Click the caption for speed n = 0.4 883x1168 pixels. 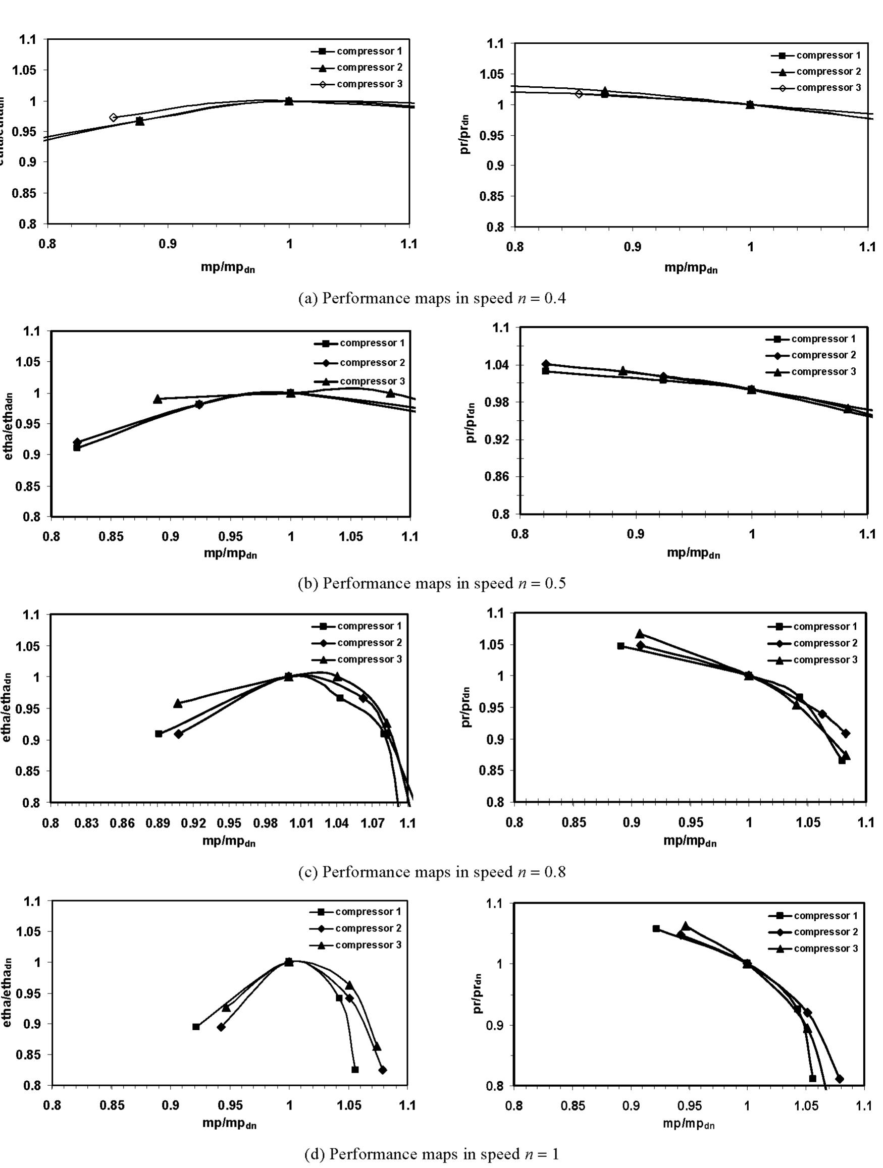pyautogui.click(x=432, y=299)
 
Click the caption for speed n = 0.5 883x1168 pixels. pyautogui.click(x=432, y=583)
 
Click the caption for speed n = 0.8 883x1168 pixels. pyautogui.click(x=432, y=872)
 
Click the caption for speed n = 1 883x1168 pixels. pyautogui.click(x=432, y=1154)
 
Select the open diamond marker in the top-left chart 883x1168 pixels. pyautogui.click(x=113, y=117)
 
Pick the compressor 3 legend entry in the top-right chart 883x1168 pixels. pyautogui.click(x=828, y=88)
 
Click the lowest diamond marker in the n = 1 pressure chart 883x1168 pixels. pyautogui.click(x=839, y=1078)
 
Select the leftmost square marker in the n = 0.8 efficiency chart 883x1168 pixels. pyautogui.click(x=159, y=734)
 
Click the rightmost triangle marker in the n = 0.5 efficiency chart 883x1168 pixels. pyautogui.click(x=390, y=393)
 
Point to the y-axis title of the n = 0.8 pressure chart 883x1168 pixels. pyautogui.click(x=466, y=707)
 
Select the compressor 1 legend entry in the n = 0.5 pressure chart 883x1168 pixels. pyautogui.click(x=823, y=339)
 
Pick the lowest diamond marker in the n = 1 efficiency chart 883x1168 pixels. pyautogui.click(x=383, y=1070)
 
